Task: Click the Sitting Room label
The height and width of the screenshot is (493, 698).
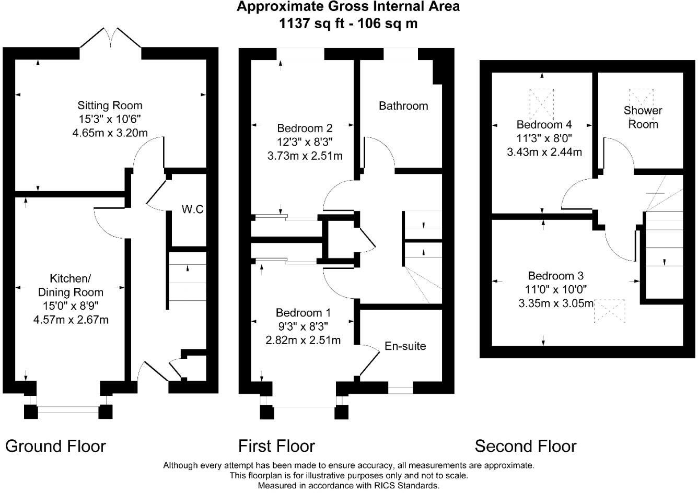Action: (110, 105)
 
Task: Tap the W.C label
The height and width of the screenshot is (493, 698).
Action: (192, 209)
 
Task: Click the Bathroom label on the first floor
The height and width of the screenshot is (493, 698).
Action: (403, 106)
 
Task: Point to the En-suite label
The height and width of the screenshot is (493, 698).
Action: (405, 346)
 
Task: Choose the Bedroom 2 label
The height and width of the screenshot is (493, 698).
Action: (305, 128)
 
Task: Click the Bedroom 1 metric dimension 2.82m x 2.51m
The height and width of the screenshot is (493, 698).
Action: (303, 341)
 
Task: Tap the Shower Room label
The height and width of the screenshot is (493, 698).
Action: (642, 118)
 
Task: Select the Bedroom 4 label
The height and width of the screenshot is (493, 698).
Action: (544, 124)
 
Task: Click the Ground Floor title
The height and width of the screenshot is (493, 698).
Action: (55, 446)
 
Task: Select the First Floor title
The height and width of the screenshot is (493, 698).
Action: (276, 446)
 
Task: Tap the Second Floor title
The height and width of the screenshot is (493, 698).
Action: (525, 446)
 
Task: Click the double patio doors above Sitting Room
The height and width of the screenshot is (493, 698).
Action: (110, 38)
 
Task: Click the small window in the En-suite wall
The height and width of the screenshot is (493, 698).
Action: (401, 389)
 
